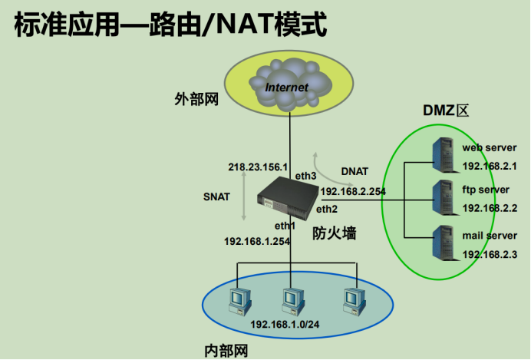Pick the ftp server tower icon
(444, 198)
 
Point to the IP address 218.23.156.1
(258, 167)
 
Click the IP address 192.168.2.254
(353, 192)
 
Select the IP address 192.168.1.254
(257, 241)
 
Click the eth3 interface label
(306, 177)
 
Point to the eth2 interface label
(327, 208)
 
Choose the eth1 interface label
(285, 225)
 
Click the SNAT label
(216, 197)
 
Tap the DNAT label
(355, 171)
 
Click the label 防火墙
(334, 233)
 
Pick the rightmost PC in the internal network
(352, 300)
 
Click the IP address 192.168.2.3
(490, 254)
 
